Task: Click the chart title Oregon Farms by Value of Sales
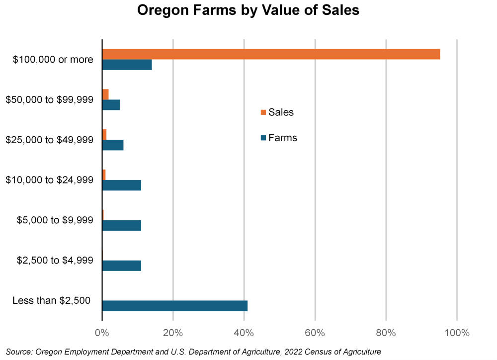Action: tap(248, 11)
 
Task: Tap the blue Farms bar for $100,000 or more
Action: tap(127, 65)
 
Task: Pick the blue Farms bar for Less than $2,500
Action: tap(174, 306)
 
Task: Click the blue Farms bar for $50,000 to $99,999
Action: tap(111, 105)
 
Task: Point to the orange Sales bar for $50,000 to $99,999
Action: tap(105, 94)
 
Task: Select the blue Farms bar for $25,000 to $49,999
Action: tap(113, 145)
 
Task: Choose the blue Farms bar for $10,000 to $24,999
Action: tap(122, 185)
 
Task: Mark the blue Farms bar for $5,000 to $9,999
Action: tap(122, 225)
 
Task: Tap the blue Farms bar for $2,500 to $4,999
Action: tap(122, 266)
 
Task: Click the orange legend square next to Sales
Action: tap(263, 112)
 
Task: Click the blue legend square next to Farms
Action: tap(263, 138)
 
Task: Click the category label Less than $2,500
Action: tap(51, 300)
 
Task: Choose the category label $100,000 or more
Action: tap(54, 60)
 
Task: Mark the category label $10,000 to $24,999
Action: tap(49, 180)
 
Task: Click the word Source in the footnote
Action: tap(18, 352)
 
